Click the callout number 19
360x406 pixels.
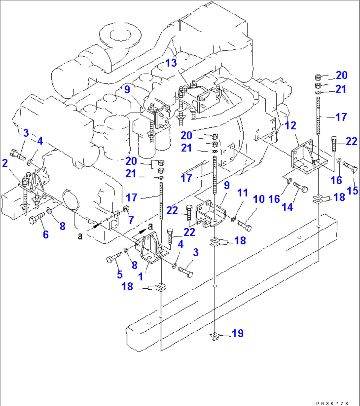(x=237, y=333)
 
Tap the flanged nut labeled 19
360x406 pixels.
(x=215, y=337)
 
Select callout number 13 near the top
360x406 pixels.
(x=171, y=62)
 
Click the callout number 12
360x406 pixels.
(x=291, y=126)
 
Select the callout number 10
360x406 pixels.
(x=259, y=199)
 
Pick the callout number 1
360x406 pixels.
(x=141, y=276)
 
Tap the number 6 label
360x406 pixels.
(x=46, y=234)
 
